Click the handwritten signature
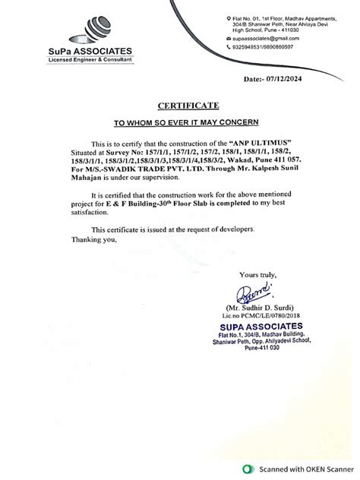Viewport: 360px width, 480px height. pos(251,289)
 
